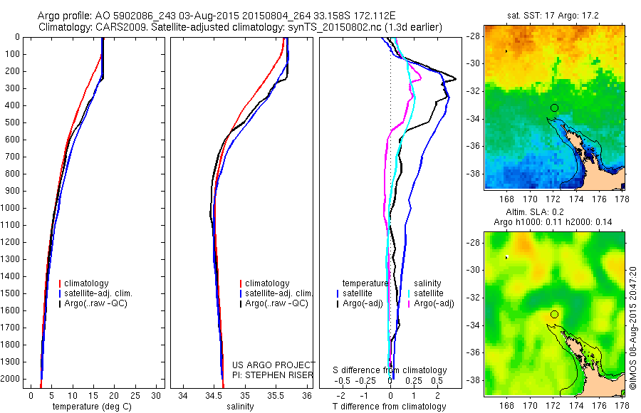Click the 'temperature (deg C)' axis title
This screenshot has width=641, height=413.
pyautogui.click(x=89, y=407)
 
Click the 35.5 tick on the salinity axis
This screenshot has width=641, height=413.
pyautogui.click(x=276, y=394)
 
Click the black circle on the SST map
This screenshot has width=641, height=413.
pyautogui.click(x=554, y=108)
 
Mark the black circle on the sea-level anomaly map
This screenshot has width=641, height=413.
pyautogui.click(x=554, y=314)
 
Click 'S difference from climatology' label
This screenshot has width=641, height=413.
pyautogui.click(x=390, y=370)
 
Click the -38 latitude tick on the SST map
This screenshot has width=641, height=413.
pyautogui.click(x=473, y=173)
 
